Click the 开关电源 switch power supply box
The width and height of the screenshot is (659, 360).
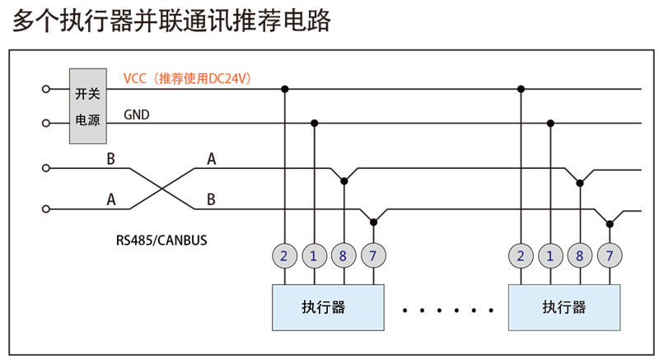[x=87, y=105]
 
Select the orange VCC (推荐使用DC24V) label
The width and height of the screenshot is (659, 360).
[x=188, y=78]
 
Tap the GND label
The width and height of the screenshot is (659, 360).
[x=137, y=115]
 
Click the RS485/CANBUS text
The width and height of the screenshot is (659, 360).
[x=161, y=241]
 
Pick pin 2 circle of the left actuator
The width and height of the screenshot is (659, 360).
[x=284, y=256]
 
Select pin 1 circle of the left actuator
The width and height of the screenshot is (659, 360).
[x=314, y=256]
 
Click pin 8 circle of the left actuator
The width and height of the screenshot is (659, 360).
[x=344, y=256]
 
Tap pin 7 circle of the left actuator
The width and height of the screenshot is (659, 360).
[x=373, y=256]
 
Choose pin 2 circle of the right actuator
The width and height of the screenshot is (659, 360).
[x=521, y=256]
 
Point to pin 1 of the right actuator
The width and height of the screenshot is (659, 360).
[x=550, y=256]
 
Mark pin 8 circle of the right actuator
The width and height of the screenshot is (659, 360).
[x=580, y=256]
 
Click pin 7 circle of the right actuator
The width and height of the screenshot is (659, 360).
[x=610, y=256]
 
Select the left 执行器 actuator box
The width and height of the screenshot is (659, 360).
[x=329, y=307]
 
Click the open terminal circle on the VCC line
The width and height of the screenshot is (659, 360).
[x=47, y=88]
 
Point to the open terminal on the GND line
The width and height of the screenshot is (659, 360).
[x=47, y=124]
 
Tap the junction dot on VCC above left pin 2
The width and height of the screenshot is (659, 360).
[x=284, y=88]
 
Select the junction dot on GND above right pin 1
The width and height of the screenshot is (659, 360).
[x=550, y=124]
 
